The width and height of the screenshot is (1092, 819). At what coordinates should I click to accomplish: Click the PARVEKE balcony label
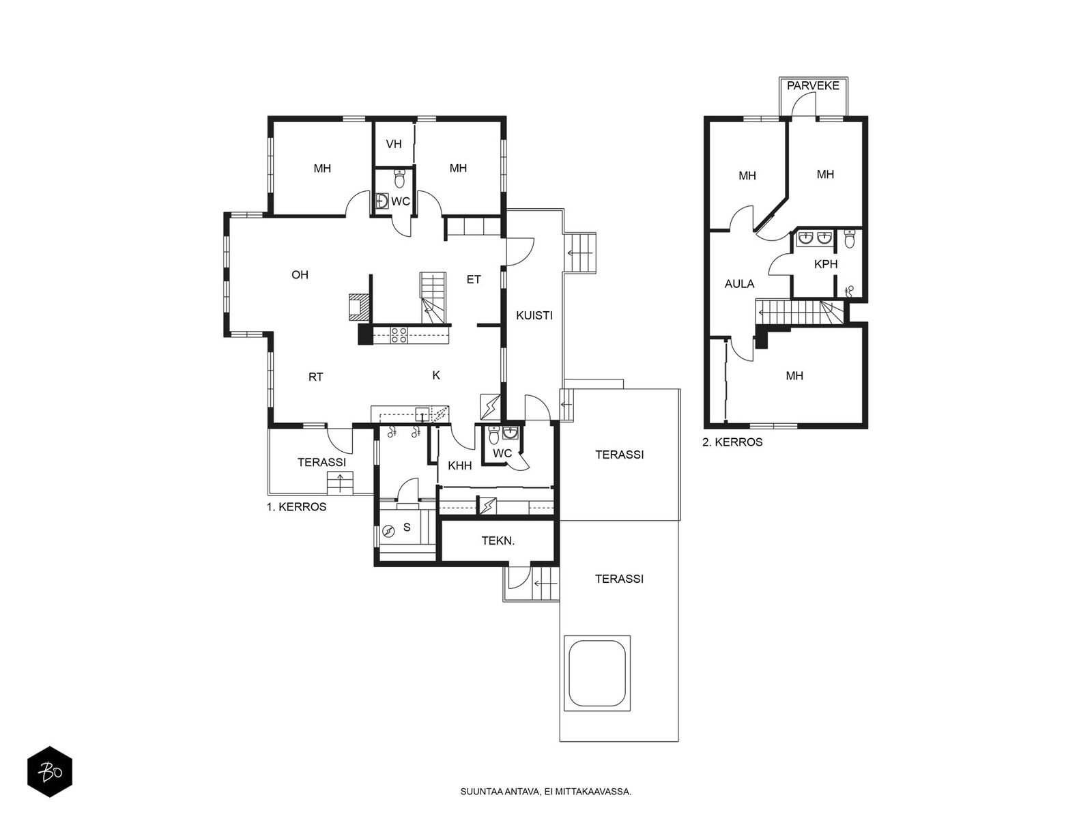coord(812,85)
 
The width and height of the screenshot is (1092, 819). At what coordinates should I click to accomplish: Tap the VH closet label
coord(394,144)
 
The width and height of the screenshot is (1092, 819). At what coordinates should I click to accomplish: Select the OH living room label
coord(300,274)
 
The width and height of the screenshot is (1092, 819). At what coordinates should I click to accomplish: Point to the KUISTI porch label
coord(534,315)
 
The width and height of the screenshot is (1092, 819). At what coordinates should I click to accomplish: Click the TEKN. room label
coord(498,541)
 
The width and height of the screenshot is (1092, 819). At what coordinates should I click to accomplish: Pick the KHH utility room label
coord(460,466)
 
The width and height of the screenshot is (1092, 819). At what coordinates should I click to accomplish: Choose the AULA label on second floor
coord(739,284)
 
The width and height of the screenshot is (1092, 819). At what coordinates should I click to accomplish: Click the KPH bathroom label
coord(826,264)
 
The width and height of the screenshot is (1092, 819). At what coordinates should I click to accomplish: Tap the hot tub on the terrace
coord(597,680)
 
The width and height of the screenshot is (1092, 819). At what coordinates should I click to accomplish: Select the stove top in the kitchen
coord(399,334)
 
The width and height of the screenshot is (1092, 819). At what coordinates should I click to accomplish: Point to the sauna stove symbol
coord(388,531)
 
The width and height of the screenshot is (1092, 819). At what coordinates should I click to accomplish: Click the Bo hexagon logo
coord(50,772)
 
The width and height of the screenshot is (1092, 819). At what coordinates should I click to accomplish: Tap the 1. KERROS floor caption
coord(296,506)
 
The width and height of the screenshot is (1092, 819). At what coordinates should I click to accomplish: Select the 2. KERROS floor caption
coord(732,442)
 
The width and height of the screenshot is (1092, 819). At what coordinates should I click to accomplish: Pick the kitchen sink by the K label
coord(422,413)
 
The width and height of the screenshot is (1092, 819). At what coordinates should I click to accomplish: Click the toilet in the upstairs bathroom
coord(850,239)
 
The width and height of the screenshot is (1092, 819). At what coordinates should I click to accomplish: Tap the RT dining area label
coord(316,377)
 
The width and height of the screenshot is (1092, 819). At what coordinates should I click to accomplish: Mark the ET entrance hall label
coord(474,279)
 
